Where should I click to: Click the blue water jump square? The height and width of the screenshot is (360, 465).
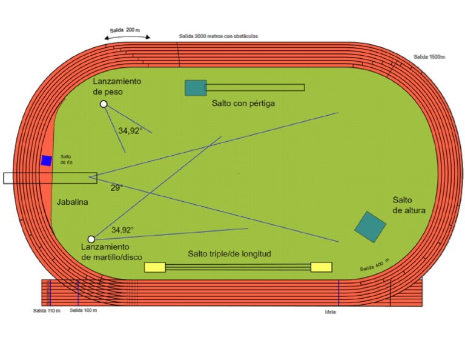(46, 161)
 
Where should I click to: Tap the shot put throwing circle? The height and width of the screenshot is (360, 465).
(104, 104)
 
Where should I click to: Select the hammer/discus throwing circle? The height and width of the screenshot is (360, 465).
(91, 239)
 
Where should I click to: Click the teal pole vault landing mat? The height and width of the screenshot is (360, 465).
(196, 88)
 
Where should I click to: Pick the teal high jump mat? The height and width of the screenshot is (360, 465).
(370, 227)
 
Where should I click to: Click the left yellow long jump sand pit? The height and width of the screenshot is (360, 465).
(155, 267)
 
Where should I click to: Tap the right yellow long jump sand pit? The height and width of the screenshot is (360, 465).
(321, 267)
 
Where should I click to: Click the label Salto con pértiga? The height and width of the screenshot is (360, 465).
(243, 104)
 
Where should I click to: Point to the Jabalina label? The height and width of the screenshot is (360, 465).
(73, 202)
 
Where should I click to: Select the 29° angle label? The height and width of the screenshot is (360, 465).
(116, 188)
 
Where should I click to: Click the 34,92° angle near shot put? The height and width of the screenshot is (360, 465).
(130, 130)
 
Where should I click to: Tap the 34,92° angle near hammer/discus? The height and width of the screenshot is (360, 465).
(122, 230)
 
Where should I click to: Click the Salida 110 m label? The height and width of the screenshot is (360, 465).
(47, 310)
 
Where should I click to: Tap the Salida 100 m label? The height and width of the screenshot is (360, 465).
(83, 310)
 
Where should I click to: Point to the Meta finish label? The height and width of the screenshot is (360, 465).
(330, 312)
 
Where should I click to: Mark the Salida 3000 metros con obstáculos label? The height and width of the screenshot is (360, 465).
(218, 36)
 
